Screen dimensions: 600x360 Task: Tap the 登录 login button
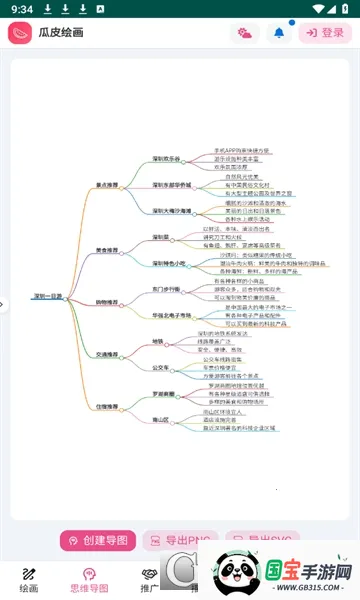click(x=324, y=33)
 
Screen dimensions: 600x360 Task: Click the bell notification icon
click(x=279, y=33)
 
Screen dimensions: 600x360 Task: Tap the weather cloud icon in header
click(x=245, y=33)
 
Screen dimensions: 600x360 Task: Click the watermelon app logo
click(x=20, y=33)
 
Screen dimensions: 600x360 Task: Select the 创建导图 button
click(x=98, y=541)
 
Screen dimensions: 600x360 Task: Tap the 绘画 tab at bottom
click(x=29, y=580)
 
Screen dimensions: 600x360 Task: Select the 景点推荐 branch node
click(x=107, y=185)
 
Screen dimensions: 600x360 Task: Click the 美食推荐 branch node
click(x=107, y=251)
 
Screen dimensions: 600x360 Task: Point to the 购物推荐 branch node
click(x=106, y=301)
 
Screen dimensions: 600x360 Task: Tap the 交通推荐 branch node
click(x=107, y=354)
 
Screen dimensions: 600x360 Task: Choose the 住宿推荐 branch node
click(x=107, y=407)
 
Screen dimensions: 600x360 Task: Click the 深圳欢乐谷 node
click(x=167, y=158)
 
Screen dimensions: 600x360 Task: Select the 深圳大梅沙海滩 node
click(x=172, y=212)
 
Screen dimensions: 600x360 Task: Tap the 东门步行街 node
click(x=166, y=289)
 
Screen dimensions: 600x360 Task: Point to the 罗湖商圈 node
click(x=163, y=394)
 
